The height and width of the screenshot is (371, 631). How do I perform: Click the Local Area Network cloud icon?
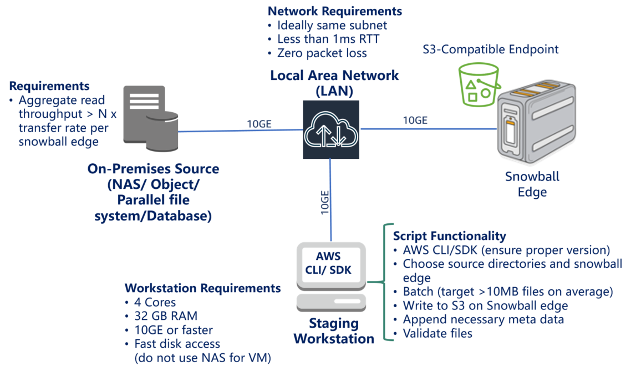(330, 129)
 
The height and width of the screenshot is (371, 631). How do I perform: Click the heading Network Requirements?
(334, 11)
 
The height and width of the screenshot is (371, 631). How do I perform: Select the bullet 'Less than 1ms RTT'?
(328, 39)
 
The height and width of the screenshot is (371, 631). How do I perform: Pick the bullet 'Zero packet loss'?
(322, 53)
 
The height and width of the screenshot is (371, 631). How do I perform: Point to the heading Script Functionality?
(449, 235)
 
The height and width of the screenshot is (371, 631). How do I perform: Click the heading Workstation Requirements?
(202, 288)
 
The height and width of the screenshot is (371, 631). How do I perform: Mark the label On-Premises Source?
(153, 169)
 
